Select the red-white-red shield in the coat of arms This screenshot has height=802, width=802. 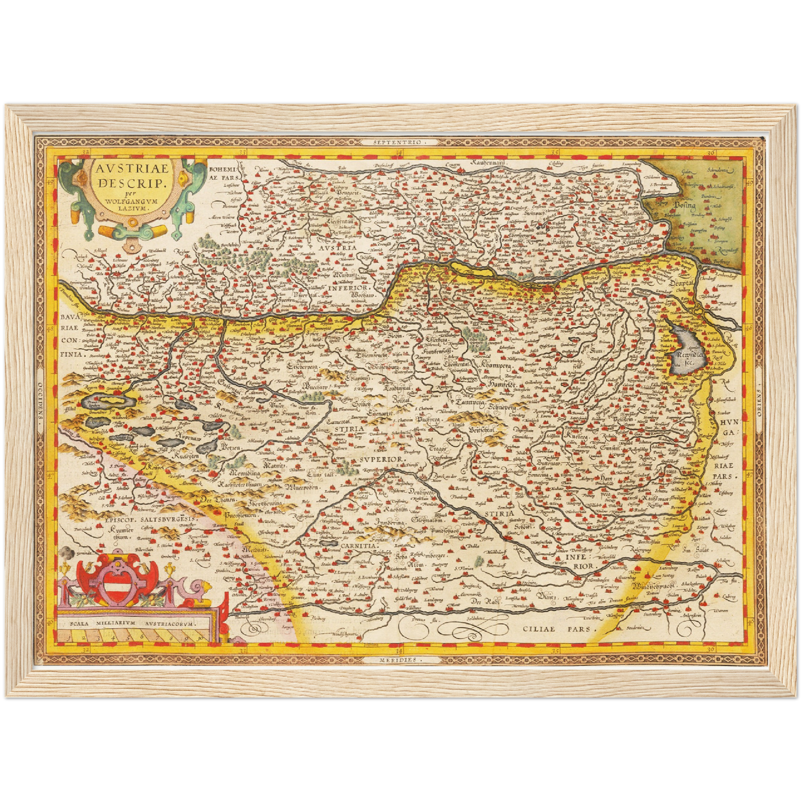[118, 587]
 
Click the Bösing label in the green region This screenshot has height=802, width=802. [684, 205]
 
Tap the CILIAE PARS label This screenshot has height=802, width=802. [559, 629]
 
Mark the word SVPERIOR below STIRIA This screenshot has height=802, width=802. [381, 460]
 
